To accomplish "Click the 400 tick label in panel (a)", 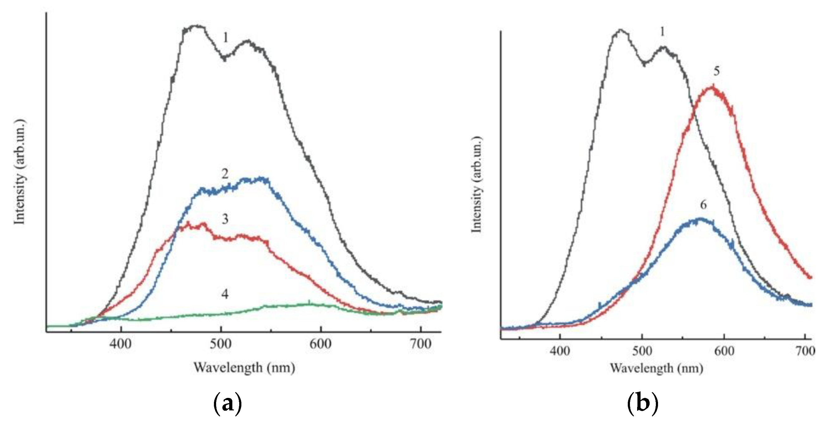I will click(120, 344).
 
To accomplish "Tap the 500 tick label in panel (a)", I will click(220, 344).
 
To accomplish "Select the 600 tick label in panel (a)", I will click(321, 344).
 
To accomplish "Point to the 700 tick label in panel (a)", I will click(421, 344).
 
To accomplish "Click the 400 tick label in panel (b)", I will click(560, 351).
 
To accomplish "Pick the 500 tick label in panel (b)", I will click(642, 351).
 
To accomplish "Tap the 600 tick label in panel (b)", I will click(724, 351).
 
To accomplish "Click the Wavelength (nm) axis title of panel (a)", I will click(244, 367).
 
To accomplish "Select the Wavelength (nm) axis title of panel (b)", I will click(656, 368).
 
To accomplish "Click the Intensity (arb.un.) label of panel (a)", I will click(19, 172).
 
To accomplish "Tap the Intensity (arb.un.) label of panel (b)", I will click(476, 185).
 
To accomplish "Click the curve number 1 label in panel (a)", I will click(225, 38).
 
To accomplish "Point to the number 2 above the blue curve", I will click(225, 174).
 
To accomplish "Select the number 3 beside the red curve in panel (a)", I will click(225, 219).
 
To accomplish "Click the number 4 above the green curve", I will click(225, 294).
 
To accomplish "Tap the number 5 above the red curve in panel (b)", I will click(717, 71).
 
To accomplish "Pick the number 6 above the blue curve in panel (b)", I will click(703, 205).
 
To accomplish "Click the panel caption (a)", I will click(227, 404).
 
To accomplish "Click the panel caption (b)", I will click(642, 404).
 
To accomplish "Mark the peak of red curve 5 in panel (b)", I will click(712, 87).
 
